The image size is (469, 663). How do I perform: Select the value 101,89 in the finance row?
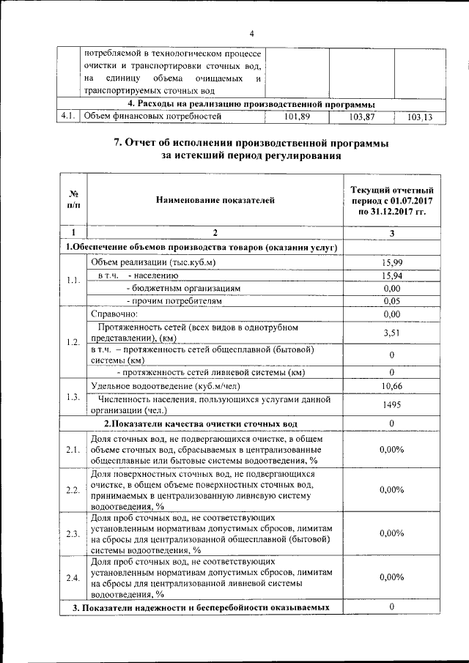[297, 116]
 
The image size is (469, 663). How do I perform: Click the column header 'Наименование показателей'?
[214, 199]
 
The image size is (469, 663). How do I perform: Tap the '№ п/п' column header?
[73, 199]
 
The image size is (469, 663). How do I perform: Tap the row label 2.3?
[73, 534]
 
